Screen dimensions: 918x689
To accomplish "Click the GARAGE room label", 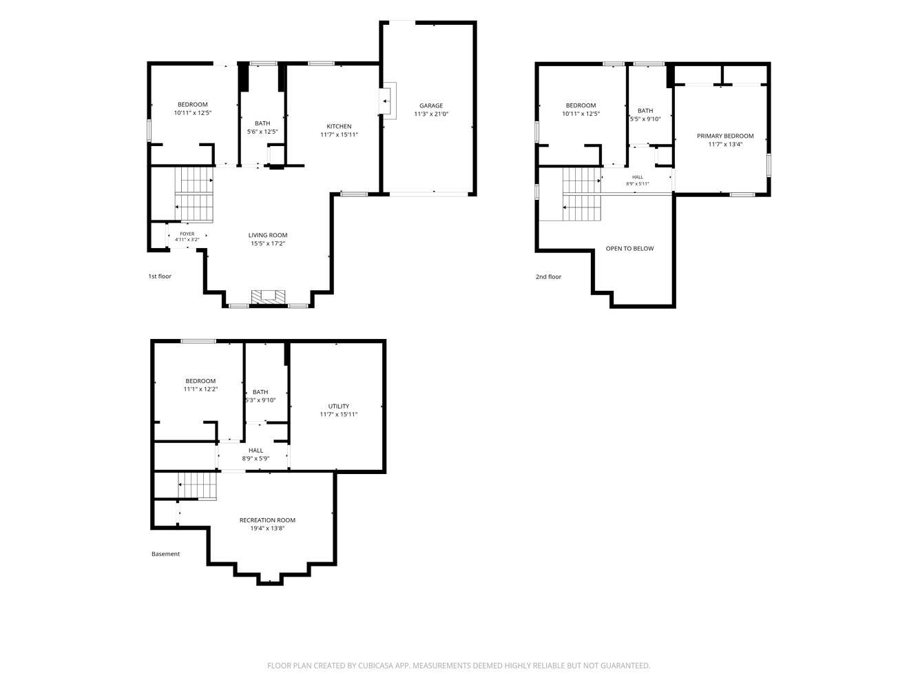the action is tap(431, 105).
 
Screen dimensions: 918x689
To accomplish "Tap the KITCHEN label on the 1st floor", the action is tap(339, 126).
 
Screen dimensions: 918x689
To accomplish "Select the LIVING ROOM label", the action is tap(268, 235).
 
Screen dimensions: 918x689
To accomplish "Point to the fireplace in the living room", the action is tap(268, 297).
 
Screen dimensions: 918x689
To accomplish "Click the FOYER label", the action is tap(187, 234).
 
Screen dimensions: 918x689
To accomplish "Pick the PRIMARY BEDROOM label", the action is tap(725, 136).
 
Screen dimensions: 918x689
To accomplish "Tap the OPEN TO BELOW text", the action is tap(629, 249).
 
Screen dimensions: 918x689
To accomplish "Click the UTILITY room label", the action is tap(338, 407).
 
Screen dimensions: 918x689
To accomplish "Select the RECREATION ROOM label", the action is tap(267, 520).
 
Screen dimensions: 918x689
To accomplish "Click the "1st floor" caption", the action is tap(160, 276).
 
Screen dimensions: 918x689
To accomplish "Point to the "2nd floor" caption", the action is tap(548, 276).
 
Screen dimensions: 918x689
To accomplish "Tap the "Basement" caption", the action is tap(165, 554).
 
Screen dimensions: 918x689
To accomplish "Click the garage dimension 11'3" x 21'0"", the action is tap(431, 114).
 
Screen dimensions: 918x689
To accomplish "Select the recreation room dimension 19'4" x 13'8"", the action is tap(267, 528).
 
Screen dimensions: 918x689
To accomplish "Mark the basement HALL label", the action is tap(255, 450).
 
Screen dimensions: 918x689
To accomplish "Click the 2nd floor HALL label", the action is tap(638, 177).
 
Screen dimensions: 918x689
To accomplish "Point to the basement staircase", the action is tap(198, 486).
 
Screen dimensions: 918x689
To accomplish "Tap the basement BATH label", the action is tap(260, 392).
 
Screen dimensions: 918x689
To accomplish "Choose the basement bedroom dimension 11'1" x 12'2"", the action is tap(200, 389).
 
